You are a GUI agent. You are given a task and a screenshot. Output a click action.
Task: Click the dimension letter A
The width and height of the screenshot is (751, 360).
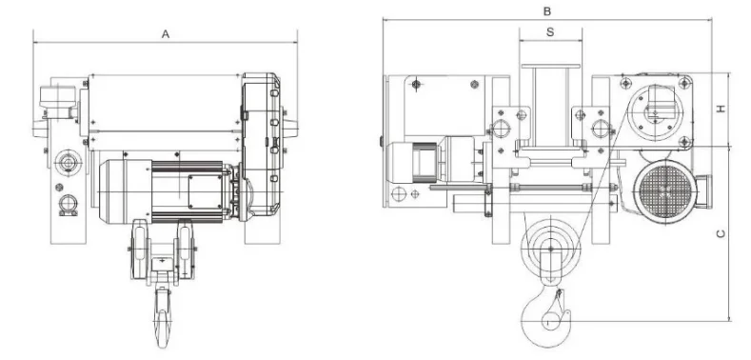(x=166, y=34)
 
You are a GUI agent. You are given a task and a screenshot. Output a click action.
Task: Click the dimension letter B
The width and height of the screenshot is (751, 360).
(x=547, y=11)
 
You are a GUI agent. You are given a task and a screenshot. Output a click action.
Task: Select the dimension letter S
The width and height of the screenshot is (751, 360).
(x=550, y=32)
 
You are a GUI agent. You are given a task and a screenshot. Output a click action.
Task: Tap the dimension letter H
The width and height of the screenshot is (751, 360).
(x=721, y=109)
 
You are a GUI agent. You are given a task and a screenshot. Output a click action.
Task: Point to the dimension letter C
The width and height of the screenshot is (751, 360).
(x=721, y=234)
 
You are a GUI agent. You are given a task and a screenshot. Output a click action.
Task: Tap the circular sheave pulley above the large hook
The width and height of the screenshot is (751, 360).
(x=550, y=249)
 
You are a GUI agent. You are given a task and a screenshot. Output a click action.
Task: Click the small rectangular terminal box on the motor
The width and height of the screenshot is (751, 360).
(x=205, y=191)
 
